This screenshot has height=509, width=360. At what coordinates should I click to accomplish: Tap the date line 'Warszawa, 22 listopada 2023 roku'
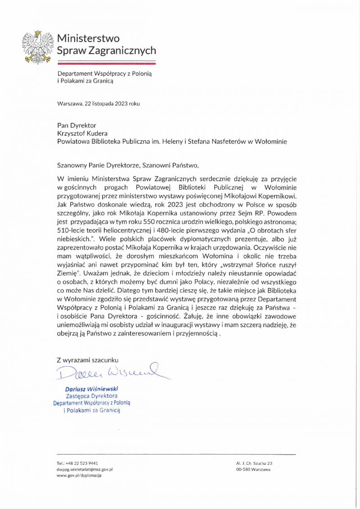point(99,103)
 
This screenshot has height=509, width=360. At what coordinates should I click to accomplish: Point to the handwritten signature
point(108,372)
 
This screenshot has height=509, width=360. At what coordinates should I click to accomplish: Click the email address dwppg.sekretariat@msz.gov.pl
point(85,469)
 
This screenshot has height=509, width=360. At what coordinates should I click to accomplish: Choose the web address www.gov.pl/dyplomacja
point(79,475)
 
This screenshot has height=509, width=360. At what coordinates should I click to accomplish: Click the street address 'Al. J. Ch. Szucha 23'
point(254,463)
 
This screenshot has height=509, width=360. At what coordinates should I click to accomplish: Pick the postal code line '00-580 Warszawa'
point(253,469)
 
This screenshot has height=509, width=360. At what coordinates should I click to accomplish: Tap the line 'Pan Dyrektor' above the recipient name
point(76,125)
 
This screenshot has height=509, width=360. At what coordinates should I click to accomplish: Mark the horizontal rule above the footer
point(176,455)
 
